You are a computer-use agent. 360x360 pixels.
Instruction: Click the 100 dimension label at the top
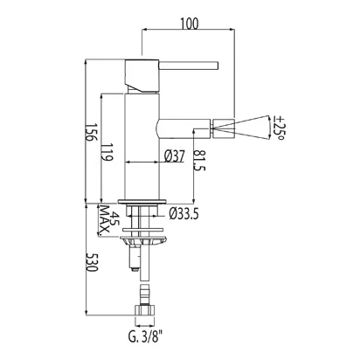pos(189,24)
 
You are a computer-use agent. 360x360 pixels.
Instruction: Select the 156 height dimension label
pos(91,132)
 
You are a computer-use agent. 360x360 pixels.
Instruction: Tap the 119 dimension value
pos(107,152)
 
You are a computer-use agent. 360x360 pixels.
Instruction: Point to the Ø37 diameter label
pos(174,156)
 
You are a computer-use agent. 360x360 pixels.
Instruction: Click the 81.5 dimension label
pos(199,161)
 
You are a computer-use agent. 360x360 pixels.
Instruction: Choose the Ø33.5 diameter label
pos(184,214)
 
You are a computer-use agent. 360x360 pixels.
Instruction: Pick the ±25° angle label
pos(279,128)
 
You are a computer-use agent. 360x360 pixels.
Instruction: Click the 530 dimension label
pos(92,263)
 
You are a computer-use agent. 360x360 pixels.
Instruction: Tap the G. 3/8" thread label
pos(145,337)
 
